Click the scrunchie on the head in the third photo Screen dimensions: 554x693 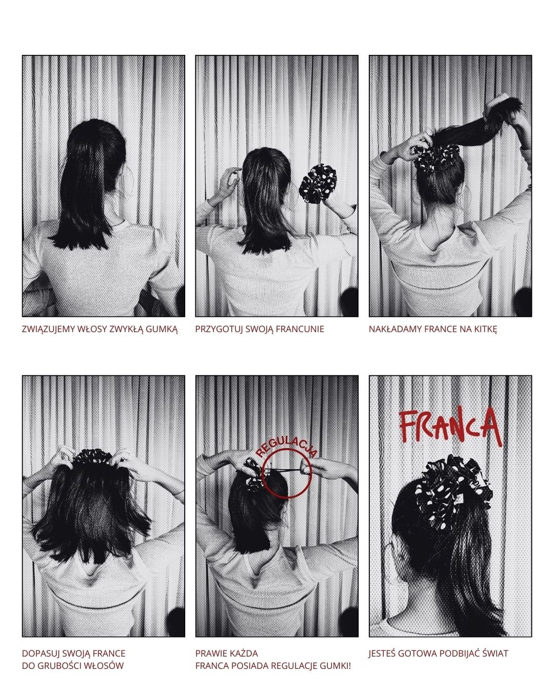436,158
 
